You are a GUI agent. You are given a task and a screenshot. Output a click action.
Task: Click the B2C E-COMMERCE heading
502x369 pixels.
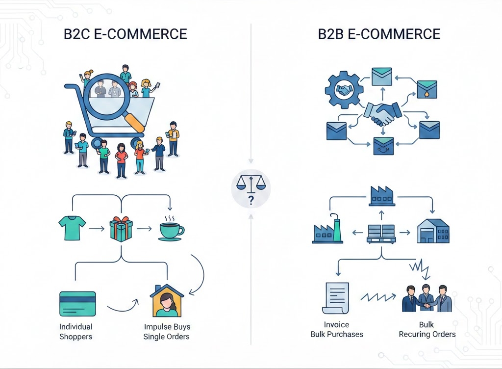coord(125,34)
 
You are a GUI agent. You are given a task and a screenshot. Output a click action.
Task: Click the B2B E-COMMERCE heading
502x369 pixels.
coord(379,34)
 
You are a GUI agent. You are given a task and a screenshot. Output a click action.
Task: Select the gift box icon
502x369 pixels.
coord(121,228)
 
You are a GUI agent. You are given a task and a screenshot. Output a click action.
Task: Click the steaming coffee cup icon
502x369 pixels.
coord(171,229)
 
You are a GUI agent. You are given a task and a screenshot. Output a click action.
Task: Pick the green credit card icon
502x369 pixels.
coord(77,303)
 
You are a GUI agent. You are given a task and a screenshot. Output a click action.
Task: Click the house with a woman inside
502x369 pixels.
coord(167,301)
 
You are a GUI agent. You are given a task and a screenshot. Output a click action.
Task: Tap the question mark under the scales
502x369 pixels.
coord(251,199)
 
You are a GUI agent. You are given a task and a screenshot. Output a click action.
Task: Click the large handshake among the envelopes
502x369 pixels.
coord(382,114)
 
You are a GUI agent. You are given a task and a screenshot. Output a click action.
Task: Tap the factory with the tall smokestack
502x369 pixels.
coord(328,230)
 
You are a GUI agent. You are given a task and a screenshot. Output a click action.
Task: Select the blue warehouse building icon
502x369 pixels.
coord(433,231)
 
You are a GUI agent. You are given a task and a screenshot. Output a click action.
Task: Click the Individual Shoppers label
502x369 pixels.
coord(76,332)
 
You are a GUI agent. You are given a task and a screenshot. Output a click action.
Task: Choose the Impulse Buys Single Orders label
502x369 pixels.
coord(167,332)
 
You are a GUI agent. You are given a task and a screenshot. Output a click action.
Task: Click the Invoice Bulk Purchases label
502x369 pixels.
coord(337,330)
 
